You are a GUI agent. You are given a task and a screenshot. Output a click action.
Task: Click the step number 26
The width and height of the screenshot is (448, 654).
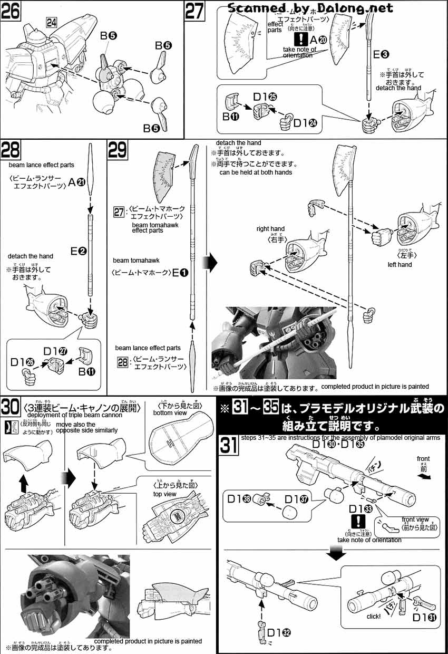pyautogui.click(x=11, y=11)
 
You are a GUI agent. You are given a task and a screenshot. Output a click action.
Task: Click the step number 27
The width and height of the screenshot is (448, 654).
pyautogui.click(x=194, y=11)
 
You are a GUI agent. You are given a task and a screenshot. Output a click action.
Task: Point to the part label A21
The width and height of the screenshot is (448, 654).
pyautogui.click(x=76, y=182)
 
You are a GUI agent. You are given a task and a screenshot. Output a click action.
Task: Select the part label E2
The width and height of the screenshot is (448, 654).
pyautogui.click(x=78, y=252)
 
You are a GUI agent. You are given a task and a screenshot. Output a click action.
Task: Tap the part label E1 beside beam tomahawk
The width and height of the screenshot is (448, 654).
pyautogui.click(x=180, y=272)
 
